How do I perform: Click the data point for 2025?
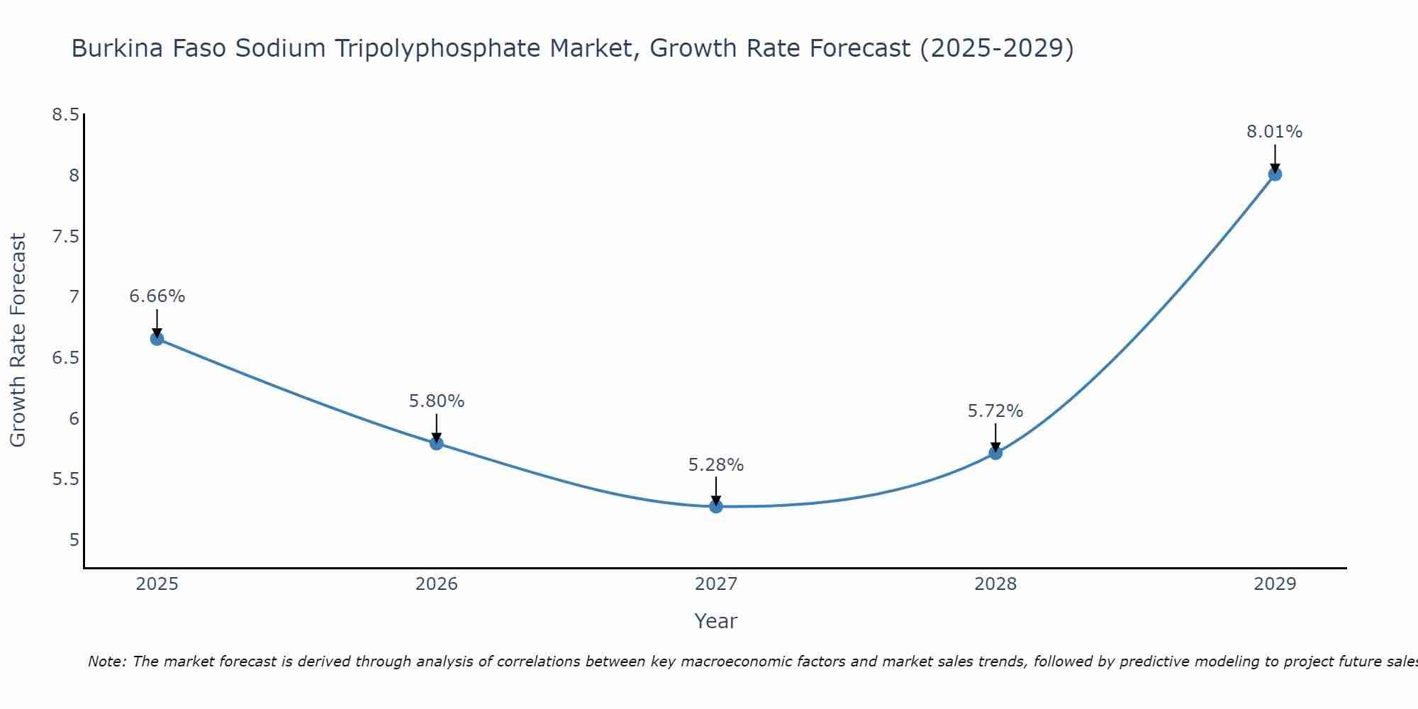[x=157, y=338]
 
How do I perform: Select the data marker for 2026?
[x=436, y=443]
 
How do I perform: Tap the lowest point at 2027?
[x=715, y=506]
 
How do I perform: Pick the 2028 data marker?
[x=995, y=452]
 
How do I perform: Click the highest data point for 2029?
[x=1275, y=174]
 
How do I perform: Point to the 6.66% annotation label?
[x=157, y=296]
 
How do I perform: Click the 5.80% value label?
[x=436, y=401]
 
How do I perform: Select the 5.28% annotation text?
[x=715, y=465]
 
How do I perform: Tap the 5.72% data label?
[x=995, y=411]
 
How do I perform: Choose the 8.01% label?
[x=1275, y=132]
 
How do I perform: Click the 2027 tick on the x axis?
[x=715, y=584]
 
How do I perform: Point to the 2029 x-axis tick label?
[x=1275, y=584]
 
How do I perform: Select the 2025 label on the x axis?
[x=157, y=584]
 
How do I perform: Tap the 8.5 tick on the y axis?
[x=65, y=115]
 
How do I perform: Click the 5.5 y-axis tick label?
[x=65, y=480]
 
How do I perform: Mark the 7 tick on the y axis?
[x=74, y=297]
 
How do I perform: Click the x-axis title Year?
[x=715, y=621]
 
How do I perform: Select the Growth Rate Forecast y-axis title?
[x=18, y=340]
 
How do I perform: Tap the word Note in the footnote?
[x=106, y=661]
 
